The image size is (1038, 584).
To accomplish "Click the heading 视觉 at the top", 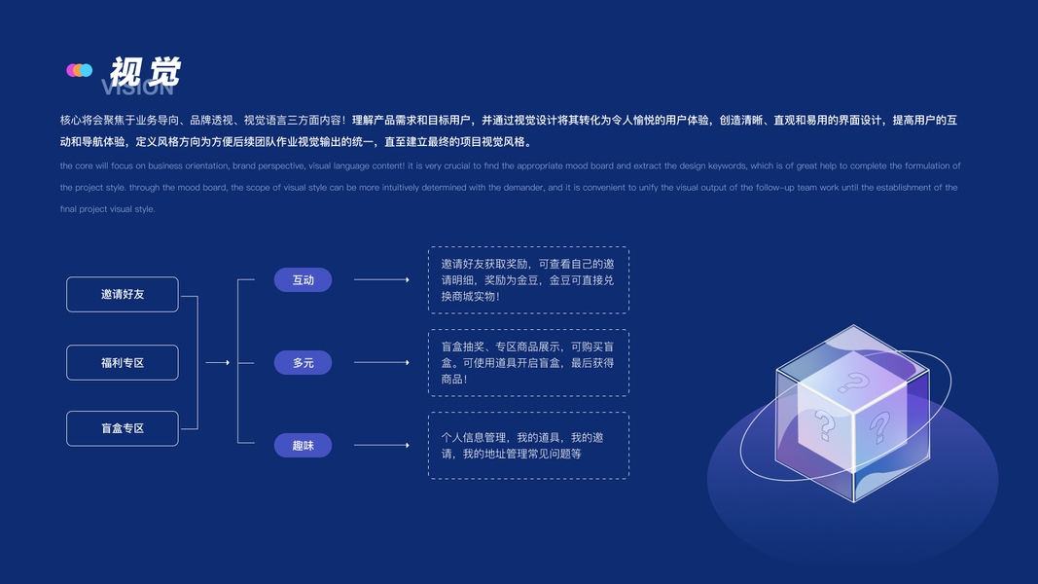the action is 145,71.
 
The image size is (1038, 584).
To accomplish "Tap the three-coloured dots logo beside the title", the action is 79,70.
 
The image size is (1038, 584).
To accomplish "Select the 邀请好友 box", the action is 123,294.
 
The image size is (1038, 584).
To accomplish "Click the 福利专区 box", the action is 123,362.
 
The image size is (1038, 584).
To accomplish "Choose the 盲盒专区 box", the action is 123,428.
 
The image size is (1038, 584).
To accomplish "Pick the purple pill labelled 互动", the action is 303,280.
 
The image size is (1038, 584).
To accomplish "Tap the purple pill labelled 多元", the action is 303,363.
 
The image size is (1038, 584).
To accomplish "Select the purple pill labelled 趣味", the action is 303,446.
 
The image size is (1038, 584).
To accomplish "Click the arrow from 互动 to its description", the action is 381,280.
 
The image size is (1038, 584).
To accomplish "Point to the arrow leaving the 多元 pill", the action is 381,363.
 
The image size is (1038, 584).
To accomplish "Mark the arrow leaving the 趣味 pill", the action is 381,446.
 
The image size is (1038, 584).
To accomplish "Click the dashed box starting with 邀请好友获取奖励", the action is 528,280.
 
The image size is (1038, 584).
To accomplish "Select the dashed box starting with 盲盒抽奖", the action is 528,363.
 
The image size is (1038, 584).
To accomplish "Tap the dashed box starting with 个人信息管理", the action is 528,446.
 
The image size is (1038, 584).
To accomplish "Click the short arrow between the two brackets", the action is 218,363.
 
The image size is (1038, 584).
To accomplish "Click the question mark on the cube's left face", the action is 825,425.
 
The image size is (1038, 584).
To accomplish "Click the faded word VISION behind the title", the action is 138,89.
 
